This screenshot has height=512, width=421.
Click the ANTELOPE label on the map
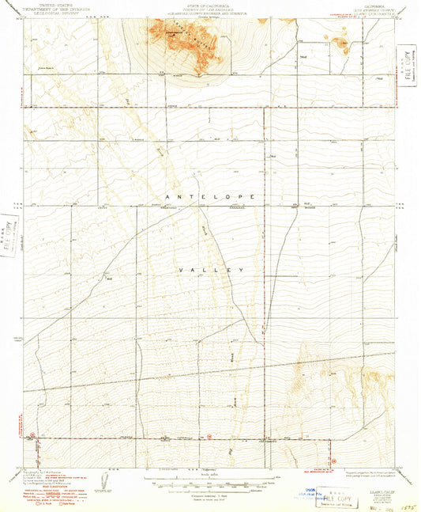point(212,194)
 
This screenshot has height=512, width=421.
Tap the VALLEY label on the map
point(212,270)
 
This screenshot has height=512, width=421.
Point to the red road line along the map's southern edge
point(182,437)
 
